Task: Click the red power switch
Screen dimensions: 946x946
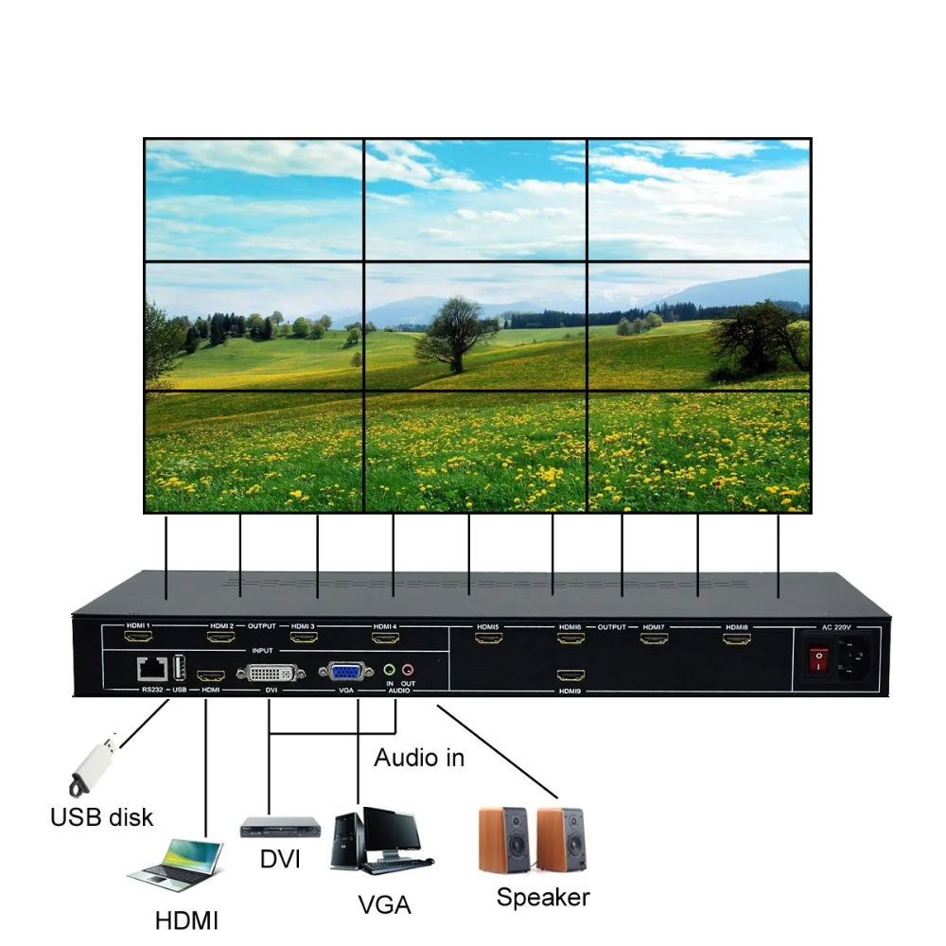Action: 815,658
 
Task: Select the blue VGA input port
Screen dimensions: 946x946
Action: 344,673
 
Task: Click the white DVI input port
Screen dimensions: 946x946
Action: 271,673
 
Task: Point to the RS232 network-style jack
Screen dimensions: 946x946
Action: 149,669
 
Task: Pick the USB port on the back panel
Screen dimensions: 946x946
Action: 179,668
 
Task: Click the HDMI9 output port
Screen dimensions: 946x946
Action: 570,675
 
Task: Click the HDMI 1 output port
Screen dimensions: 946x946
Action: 139,638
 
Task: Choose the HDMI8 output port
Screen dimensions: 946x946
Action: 737,639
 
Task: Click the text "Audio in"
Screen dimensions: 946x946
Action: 419,757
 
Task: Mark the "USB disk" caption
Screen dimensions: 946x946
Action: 101,816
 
